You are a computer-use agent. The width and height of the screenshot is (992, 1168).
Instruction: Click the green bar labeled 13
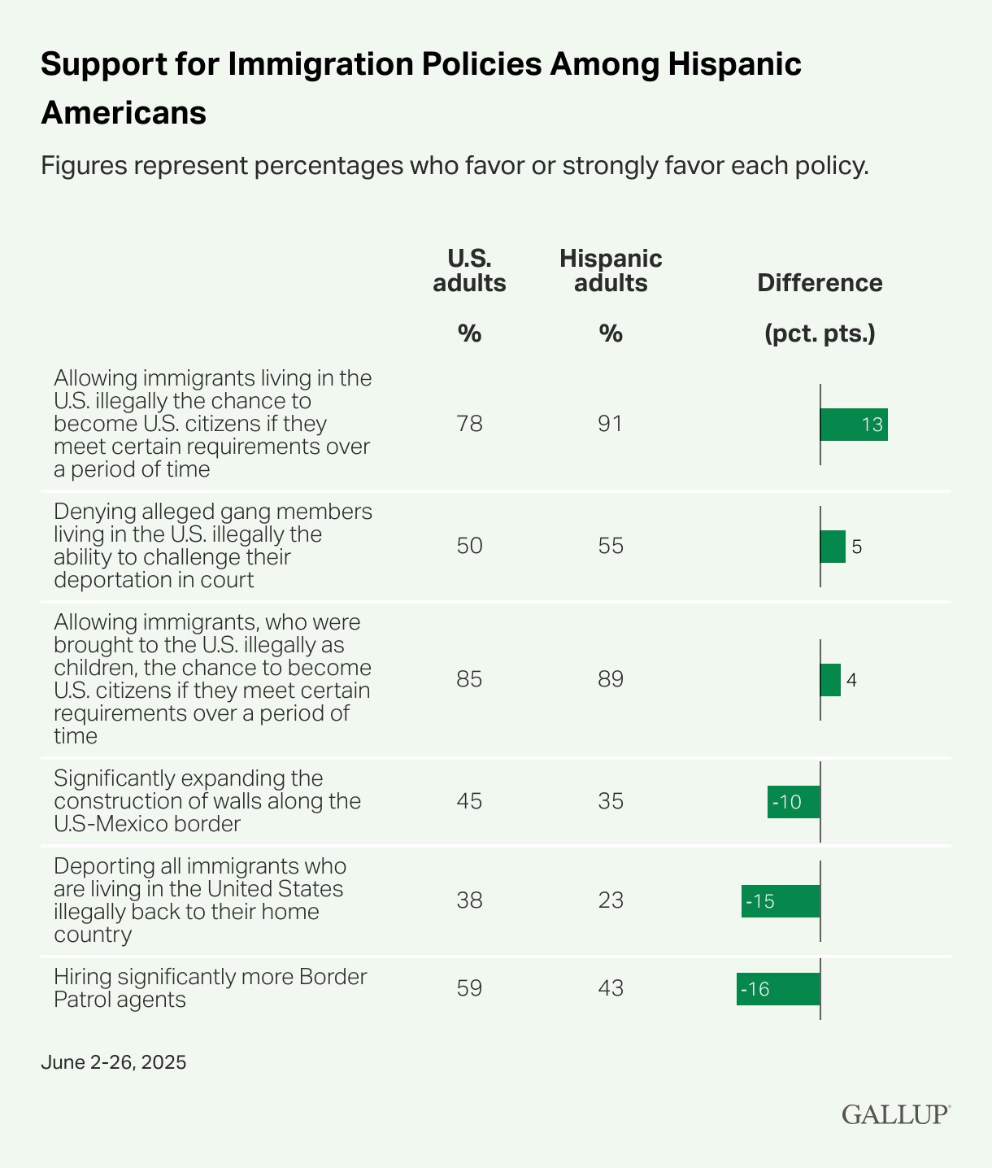click(x=854, y=425)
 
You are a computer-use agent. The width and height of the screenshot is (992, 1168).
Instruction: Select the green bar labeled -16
click(x=778, y=989)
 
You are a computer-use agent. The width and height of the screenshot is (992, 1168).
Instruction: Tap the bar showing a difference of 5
click(x=833, y=547)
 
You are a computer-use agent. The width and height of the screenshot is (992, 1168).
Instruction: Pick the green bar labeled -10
click(x=794, y=802)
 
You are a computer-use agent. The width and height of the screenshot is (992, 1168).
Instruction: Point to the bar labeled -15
click(x=781, y=901)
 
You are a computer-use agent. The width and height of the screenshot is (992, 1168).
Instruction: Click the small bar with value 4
click(x=830, y=680)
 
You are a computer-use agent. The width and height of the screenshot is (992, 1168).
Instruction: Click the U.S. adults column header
click(x=469, y=271)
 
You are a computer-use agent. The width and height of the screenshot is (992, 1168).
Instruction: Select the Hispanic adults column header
click(x=611, y=271)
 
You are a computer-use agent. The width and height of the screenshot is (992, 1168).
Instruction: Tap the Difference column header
click(x=820, y=283)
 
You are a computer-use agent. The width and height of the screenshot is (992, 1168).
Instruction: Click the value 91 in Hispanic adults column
click(x=611, y=424)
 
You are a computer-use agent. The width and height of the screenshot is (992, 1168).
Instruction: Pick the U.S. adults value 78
click(x=469, y=424)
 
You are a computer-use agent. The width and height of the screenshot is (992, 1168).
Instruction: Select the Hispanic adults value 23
click(x=611, y=900)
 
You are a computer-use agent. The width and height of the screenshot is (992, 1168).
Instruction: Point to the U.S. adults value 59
click(x=469, y=988)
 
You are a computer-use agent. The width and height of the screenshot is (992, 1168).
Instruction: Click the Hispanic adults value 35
click(x=611, y=801)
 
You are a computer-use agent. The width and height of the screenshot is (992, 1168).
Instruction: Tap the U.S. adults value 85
click(x=469, y=679)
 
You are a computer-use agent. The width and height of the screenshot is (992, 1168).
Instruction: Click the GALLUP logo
click(x=895, y=1114)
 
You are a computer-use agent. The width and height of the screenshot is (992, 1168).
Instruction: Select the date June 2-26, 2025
click(x=113, y=1062)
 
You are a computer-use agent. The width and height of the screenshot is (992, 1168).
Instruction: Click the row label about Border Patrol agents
click(x=210, y=987)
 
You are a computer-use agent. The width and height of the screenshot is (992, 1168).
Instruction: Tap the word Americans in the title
click(x=124, y=112)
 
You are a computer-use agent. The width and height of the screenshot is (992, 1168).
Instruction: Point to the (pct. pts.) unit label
click(x=820, y=333)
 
